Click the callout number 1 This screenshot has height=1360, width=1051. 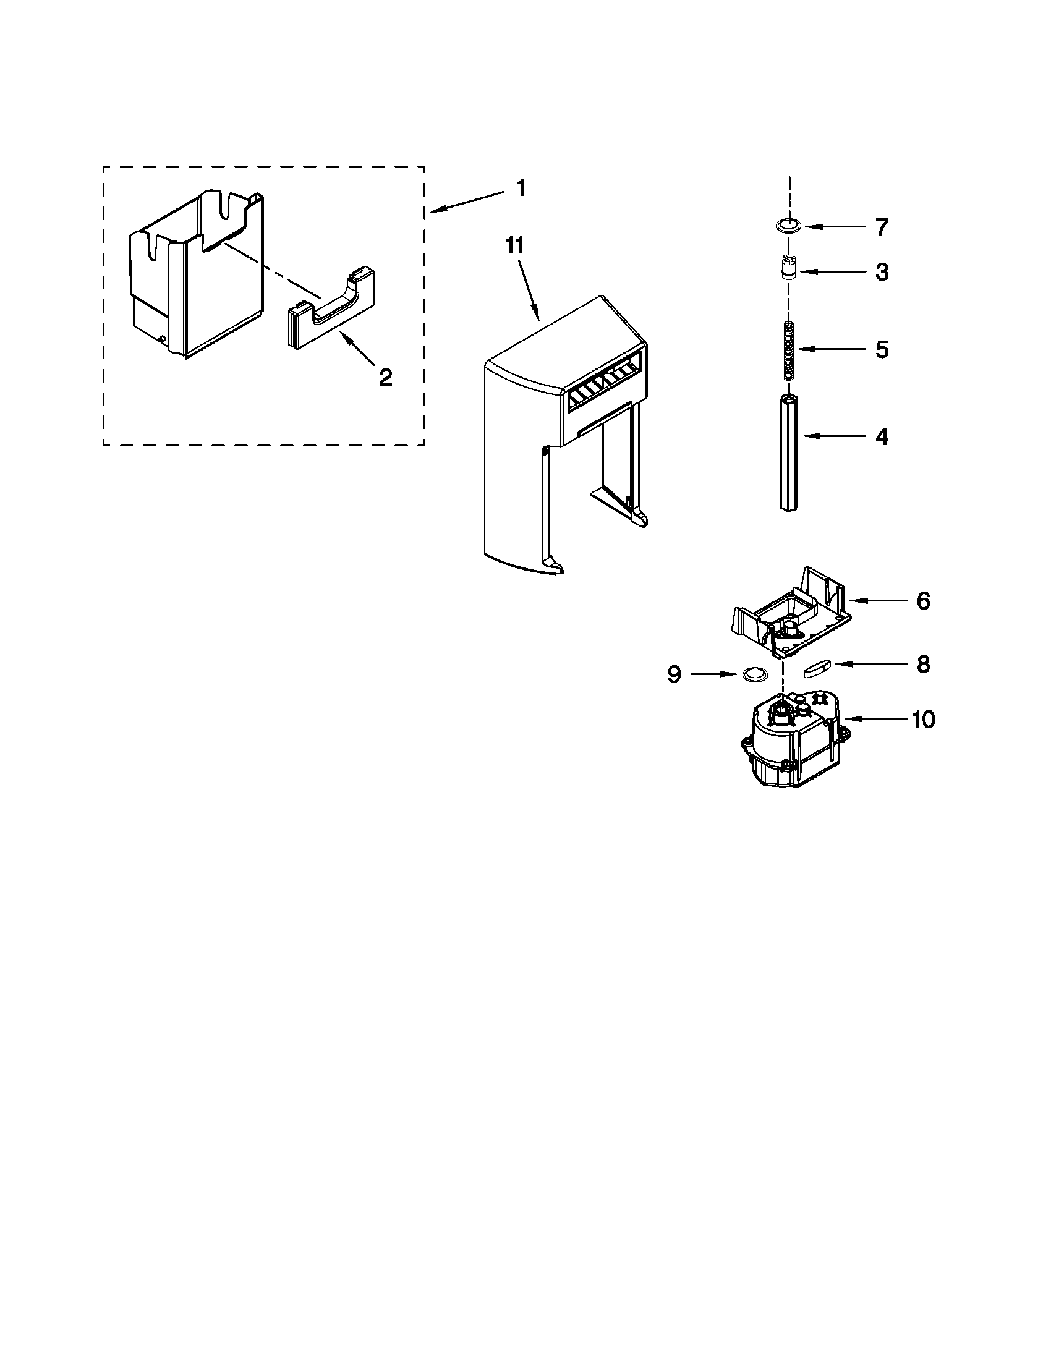(521, 188)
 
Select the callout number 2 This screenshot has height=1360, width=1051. (385, 376)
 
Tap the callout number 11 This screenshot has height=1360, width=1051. (514, 246)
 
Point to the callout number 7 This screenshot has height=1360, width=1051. (882, 227)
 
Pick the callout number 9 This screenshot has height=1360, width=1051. (674, 674)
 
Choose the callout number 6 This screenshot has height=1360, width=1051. (923, 601)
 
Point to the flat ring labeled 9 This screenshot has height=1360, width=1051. (754, 673)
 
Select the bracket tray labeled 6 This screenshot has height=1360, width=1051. (789, 613)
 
